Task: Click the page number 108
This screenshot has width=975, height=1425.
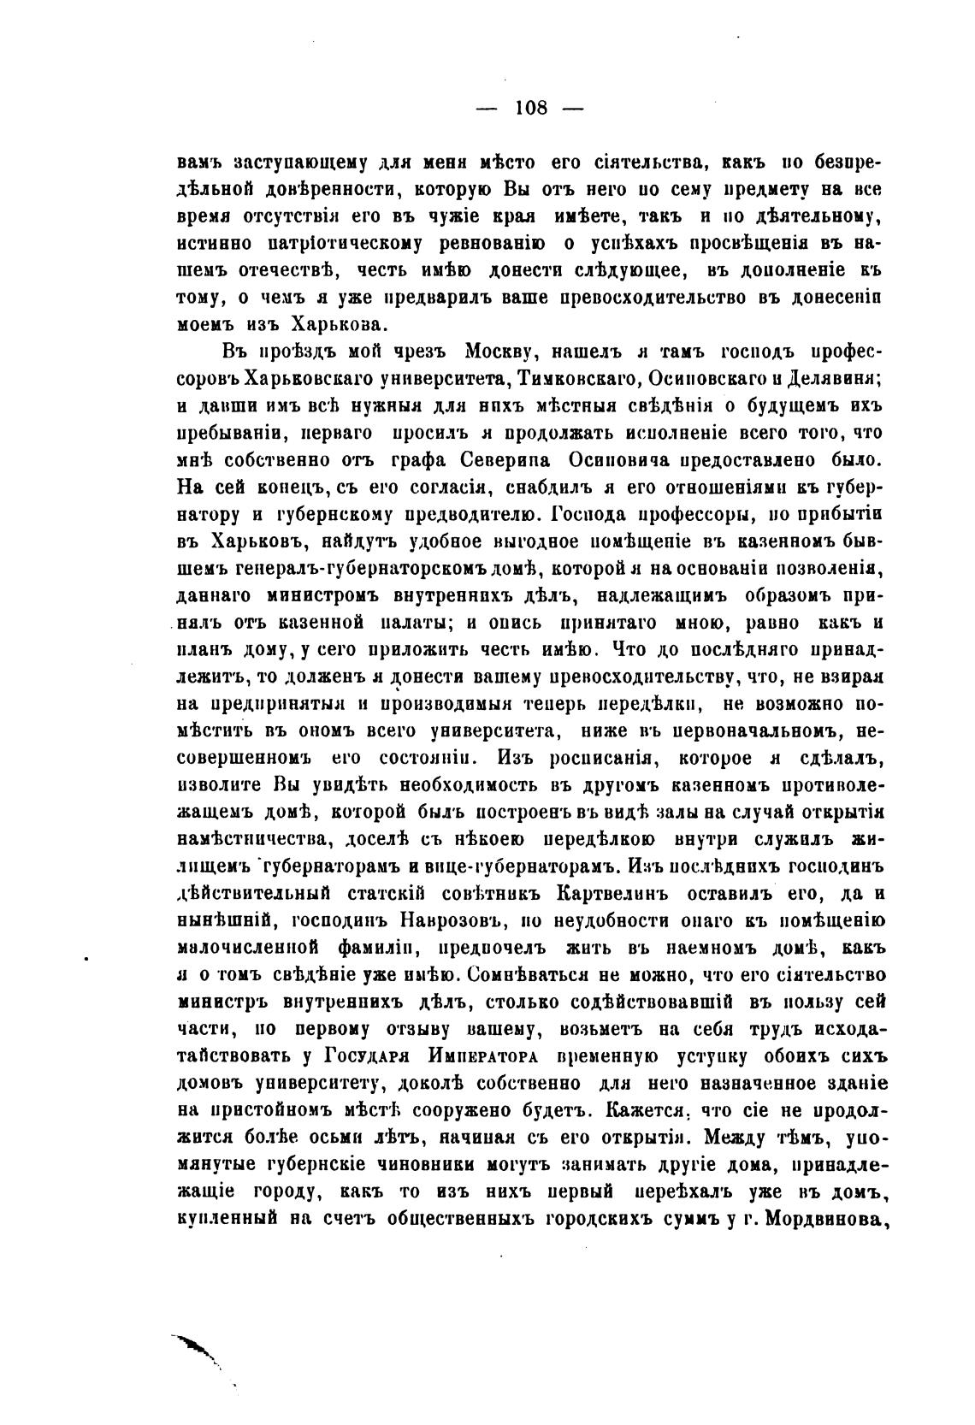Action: coord(531,109)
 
